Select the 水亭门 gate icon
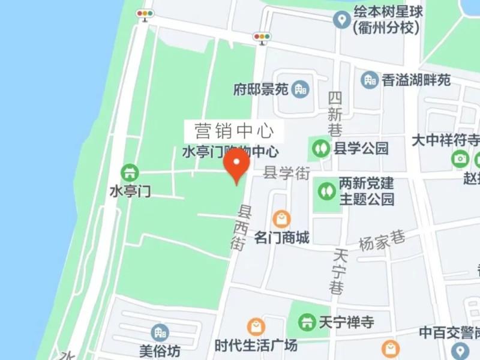129,173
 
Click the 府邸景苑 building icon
300,90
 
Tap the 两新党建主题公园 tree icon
327,191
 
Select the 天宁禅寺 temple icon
307,322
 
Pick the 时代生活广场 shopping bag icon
256,327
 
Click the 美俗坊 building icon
160,332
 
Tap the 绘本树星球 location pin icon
342,20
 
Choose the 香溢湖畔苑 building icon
370,80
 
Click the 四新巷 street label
335,113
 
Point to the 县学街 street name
287,173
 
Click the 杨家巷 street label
382,240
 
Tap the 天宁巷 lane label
338,271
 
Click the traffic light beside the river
145,14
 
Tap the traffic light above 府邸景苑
262,37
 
